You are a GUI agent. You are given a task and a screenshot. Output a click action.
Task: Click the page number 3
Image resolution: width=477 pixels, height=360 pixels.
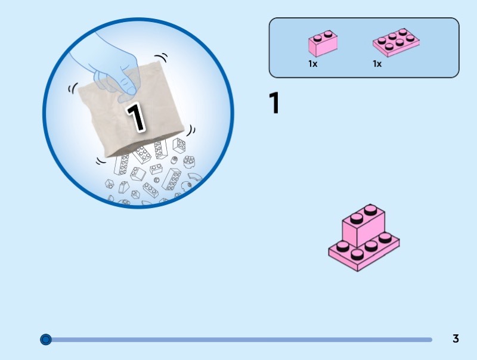(456, 339)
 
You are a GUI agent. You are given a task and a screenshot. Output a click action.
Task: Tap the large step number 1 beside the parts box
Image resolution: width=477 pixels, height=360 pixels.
(274, 103)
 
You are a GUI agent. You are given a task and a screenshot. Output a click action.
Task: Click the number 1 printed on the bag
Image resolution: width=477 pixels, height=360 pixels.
(136, 117)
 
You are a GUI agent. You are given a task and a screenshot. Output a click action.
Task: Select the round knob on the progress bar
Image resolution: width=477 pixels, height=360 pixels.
(46, 339)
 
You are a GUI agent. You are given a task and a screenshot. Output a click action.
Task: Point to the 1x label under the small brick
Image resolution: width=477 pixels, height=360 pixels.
(312, 64)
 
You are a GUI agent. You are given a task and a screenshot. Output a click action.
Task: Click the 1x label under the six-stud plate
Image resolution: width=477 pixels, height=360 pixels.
(377, 64)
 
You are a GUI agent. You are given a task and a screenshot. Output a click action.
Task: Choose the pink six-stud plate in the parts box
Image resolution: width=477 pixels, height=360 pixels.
(396, 42)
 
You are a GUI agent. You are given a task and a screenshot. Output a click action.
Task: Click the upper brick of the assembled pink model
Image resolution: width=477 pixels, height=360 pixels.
(363, 225)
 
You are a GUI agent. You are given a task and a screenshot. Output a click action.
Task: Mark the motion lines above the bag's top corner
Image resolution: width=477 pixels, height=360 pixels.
(161, 57)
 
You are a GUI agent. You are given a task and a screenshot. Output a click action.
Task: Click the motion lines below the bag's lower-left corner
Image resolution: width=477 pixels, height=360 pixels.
(101, 161)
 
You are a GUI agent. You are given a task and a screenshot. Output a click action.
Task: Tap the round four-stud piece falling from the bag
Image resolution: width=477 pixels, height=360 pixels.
(189, 162)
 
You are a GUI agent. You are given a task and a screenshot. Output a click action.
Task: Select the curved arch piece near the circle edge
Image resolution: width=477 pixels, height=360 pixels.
(194, 177)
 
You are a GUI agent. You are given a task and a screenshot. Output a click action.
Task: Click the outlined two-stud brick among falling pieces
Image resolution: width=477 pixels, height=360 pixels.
(156, 169)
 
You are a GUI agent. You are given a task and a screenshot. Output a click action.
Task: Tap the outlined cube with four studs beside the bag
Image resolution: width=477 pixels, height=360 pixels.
(179, 145)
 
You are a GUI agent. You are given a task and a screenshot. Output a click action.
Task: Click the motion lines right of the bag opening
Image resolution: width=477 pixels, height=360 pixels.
(191, 130)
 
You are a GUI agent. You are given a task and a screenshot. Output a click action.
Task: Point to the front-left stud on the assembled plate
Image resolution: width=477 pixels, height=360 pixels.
(343, 246)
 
